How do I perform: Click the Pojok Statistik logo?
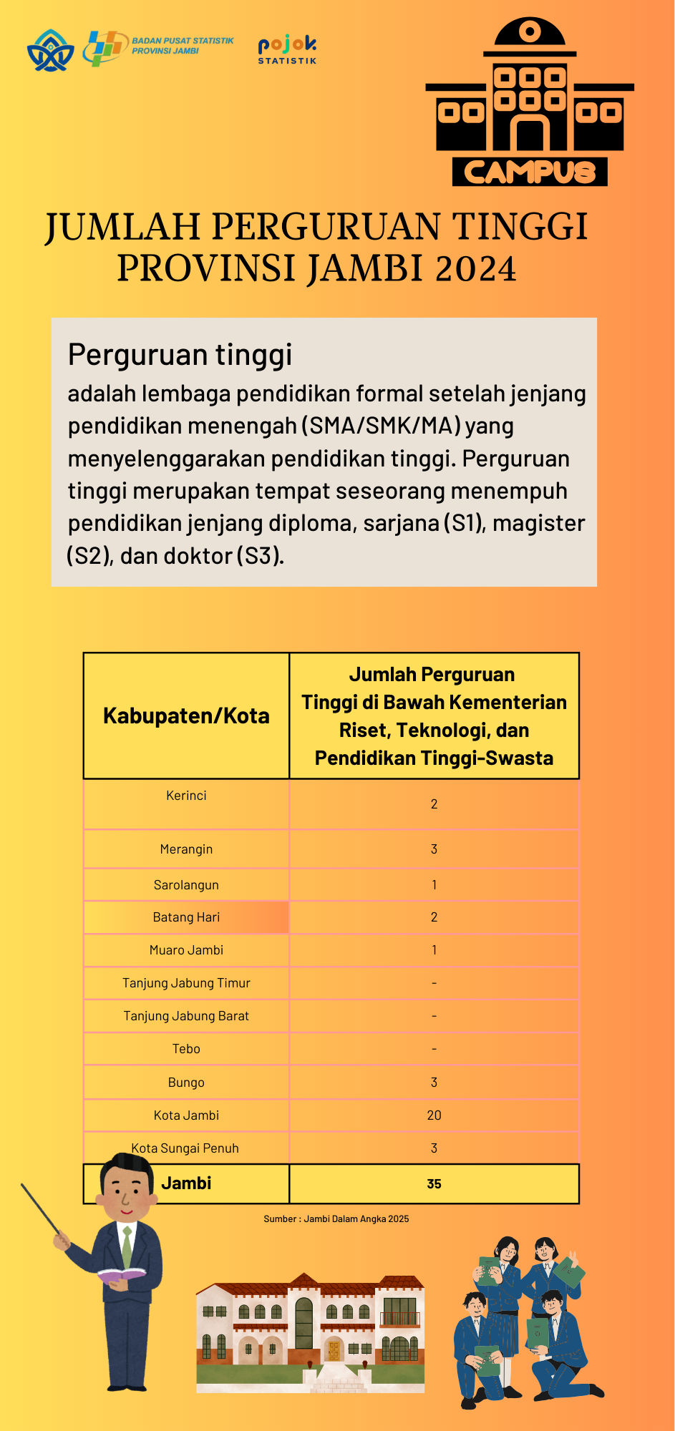pos(287,49)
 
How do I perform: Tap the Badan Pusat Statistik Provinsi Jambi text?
pos(182,46)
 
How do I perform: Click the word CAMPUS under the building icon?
pos(529,172)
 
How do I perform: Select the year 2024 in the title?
pos(475,269)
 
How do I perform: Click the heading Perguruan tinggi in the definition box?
pos(180,354)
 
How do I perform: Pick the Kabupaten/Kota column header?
pos(186,715)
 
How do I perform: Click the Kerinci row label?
pos(186,796)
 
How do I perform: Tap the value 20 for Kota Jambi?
pos(434,1115)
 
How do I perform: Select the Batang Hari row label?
pos(186,917)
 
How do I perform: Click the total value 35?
pos(434,1184)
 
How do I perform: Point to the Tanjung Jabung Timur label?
pos(186,983)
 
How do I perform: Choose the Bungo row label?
pos(186,1083)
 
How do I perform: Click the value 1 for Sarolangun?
pos(434,885)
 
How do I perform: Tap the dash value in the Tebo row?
pos(434,1049)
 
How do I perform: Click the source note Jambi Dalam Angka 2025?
pos(336,1219)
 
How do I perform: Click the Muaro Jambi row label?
pos(186,950)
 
